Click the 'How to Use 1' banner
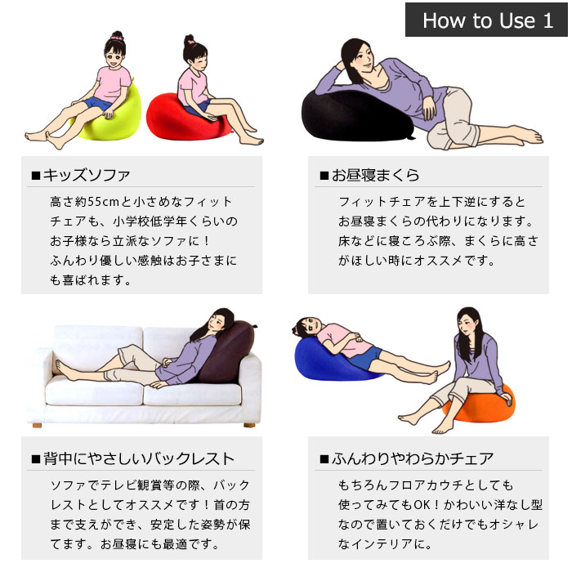486,20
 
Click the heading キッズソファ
86,175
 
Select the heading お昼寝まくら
375,175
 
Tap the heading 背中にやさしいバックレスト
138,458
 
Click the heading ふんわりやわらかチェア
412,458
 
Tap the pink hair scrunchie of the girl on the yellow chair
117,37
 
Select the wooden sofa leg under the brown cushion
249,425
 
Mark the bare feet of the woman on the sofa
65,369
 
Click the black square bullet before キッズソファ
36,176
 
